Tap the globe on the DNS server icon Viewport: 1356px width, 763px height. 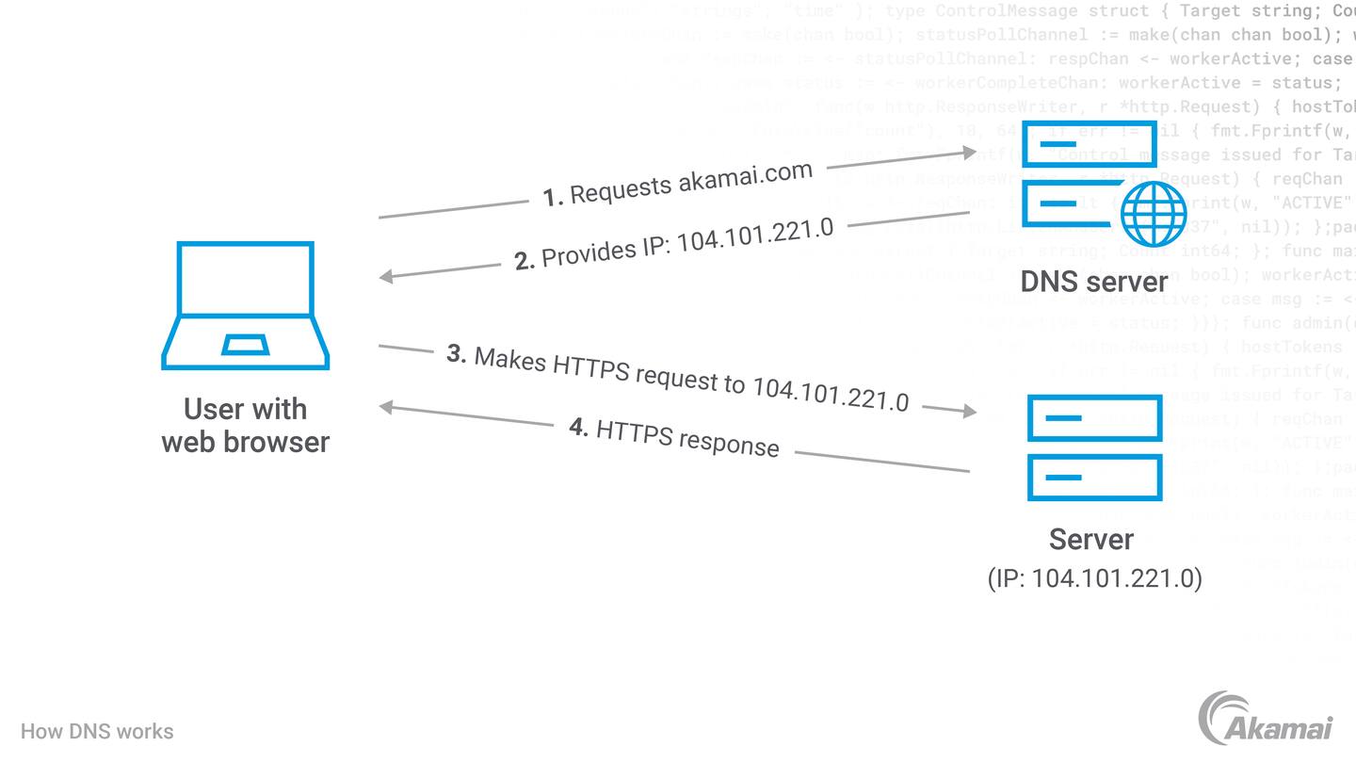(1154, 213)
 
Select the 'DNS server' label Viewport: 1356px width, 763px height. (1094, 280)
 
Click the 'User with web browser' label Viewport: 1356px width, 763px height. (245, 425)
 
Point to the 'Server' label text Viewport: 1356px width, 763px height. (1091, 539)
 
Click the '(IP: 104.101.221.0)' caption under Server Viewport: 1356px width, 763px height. (1094, 577)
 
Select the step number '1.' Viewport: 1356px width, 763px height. (553, 197)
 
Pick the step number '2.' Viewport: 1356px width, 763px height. (525, 260)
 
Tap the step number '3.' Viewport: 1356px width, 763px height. (457, 354)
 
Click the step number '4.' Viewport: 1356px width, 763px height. (579, 427)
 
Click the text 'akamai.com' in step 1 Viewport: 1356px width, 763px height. (745, 177)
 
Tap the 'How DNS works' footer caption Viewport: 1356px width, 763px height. (97, 731)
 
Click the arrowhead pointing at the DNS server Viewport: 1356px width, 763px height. (969, 151)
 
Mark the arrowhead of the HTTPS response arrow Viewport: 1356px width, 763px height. (386, 407)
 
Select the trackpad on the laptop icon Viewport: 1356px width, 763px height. (245, 344)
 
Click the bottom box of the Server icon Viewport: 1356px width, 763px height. (1094, 478)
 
